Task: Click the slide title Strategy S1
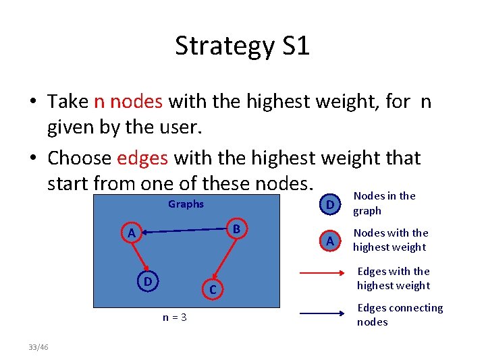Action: click(242, 46)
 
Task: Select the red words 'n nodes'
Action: click(128, 101)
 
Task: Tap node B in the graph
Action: click(236, 229)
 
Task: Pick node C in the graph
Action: click(211, 289)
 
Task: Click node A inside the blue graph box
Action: click(132, 233)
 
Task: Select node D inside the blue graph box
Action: click(146, 280)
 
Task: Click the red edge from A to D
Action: click(139, 256)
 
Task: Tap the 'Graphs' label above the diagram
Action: click(186, 204)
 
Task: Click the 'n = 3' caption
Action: click(174, 317)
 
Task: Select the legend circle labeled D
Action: click(329, 204)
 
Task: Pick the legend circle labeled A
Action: click(329, 241)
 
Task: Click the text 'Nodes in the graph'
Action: click(385, 203)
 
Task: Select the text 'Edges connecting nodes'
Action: click(400, 314)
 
